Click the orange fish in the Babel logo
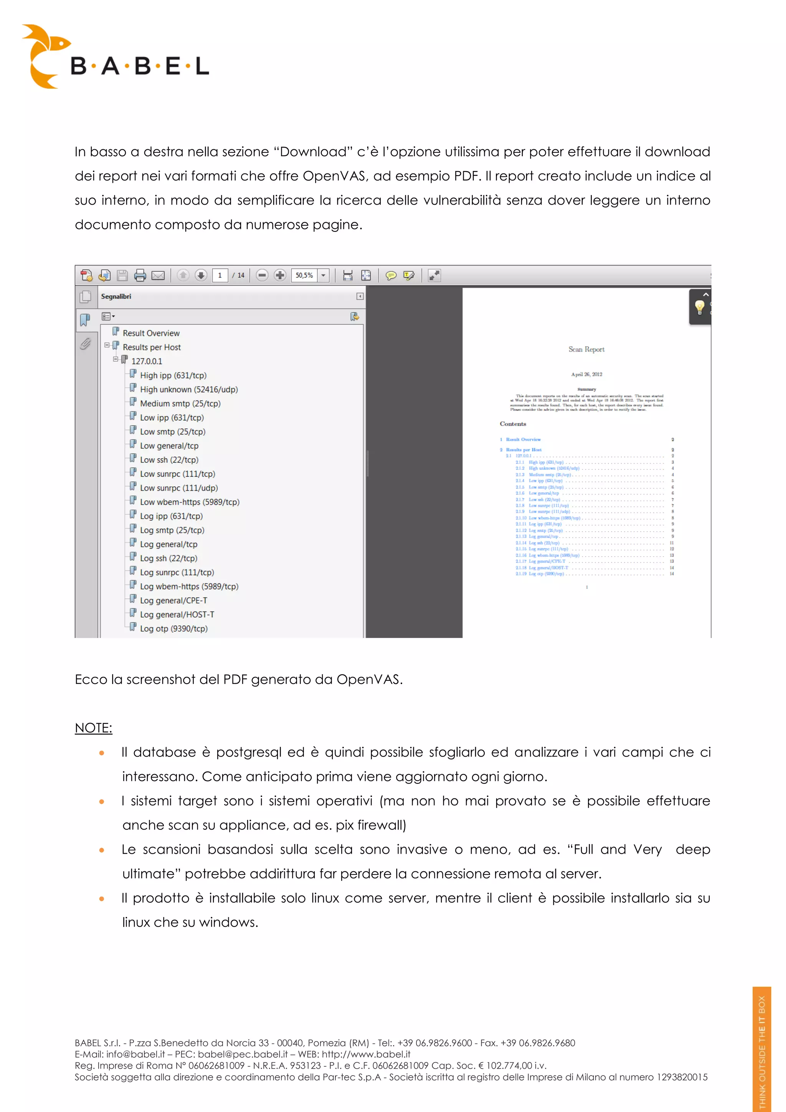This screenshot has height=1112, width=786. pos(45,56)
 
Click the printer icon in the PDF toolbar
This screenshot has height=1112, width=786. pos(140,276)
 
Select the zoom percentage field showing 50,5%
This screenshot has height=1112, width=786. pos(305,276)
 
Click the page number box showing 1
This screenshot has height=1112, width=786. pos(220,276)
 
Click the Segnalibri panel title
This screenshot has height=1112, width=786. pos(116,296)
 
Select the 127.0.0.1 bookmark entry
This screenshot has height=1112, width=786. pos(147,361)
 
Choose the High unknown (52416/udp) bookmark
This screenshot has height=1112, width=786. pos(188,389)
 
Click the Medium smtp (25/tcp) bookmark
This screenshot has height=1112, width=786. pos(180,403)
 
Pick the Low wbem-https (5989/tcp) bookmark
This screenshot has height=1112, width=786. pos(189,502)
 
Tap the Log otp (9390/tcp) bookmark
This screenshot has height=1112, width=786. pos(173,629)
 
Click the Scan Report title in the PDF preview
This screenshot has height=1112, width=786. pos(586,349)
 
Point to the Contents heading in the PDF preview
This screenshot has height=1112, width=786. pos(513,424)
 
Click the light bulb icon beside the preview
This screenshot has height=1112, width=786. pos(699,307)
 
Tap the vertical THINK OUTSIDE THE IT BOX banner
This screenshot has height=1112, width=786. pos(761,1051)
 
